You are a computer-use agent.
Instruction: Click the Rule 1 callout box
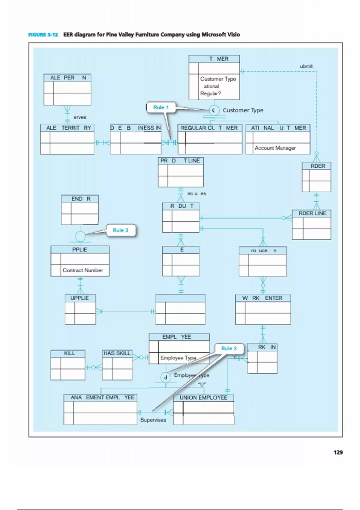pos(161,107)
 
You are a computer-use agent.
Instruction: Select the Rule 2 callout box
pos(229,348)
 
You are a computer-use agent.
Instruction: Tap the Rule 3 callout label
pos(120,230)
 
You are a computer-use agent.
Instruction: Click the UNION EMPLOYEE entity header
pos(203,397)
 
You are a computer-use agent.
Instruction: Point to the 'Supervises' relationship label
pos(153,420)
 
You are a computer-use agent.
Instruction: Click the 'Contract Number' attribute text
pos(82,270)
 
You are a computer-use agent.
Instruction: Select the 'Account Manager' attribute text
pos(275,148)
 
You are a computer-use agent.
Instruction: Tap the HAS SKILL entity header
pos(117,353)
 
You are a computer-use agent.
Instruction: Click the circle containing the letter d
pos(166,377)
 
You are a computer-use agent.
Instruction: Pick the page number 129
pos(338,452)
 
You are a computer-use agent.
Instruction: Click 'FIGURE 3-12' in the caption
pos(43,35)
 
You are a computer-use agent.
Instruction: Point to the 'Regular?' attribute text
pos(211,93)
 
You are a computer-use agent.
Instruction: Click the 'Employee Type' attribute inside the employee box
pos(178,358)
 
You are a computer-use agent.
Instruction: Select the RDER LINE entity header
pos(312,213)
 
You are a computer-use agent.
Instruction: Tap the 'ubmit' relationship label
pos(306,66)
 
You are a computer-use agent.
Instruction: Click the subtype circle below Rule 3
pos(80,236)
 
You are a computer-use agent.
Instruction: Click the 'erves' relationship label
pos(79,117)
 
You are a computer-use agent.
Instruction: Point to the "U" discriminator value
pos(202,384)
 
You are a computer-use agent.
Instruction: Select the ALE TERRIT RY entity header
pos(68,128)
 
